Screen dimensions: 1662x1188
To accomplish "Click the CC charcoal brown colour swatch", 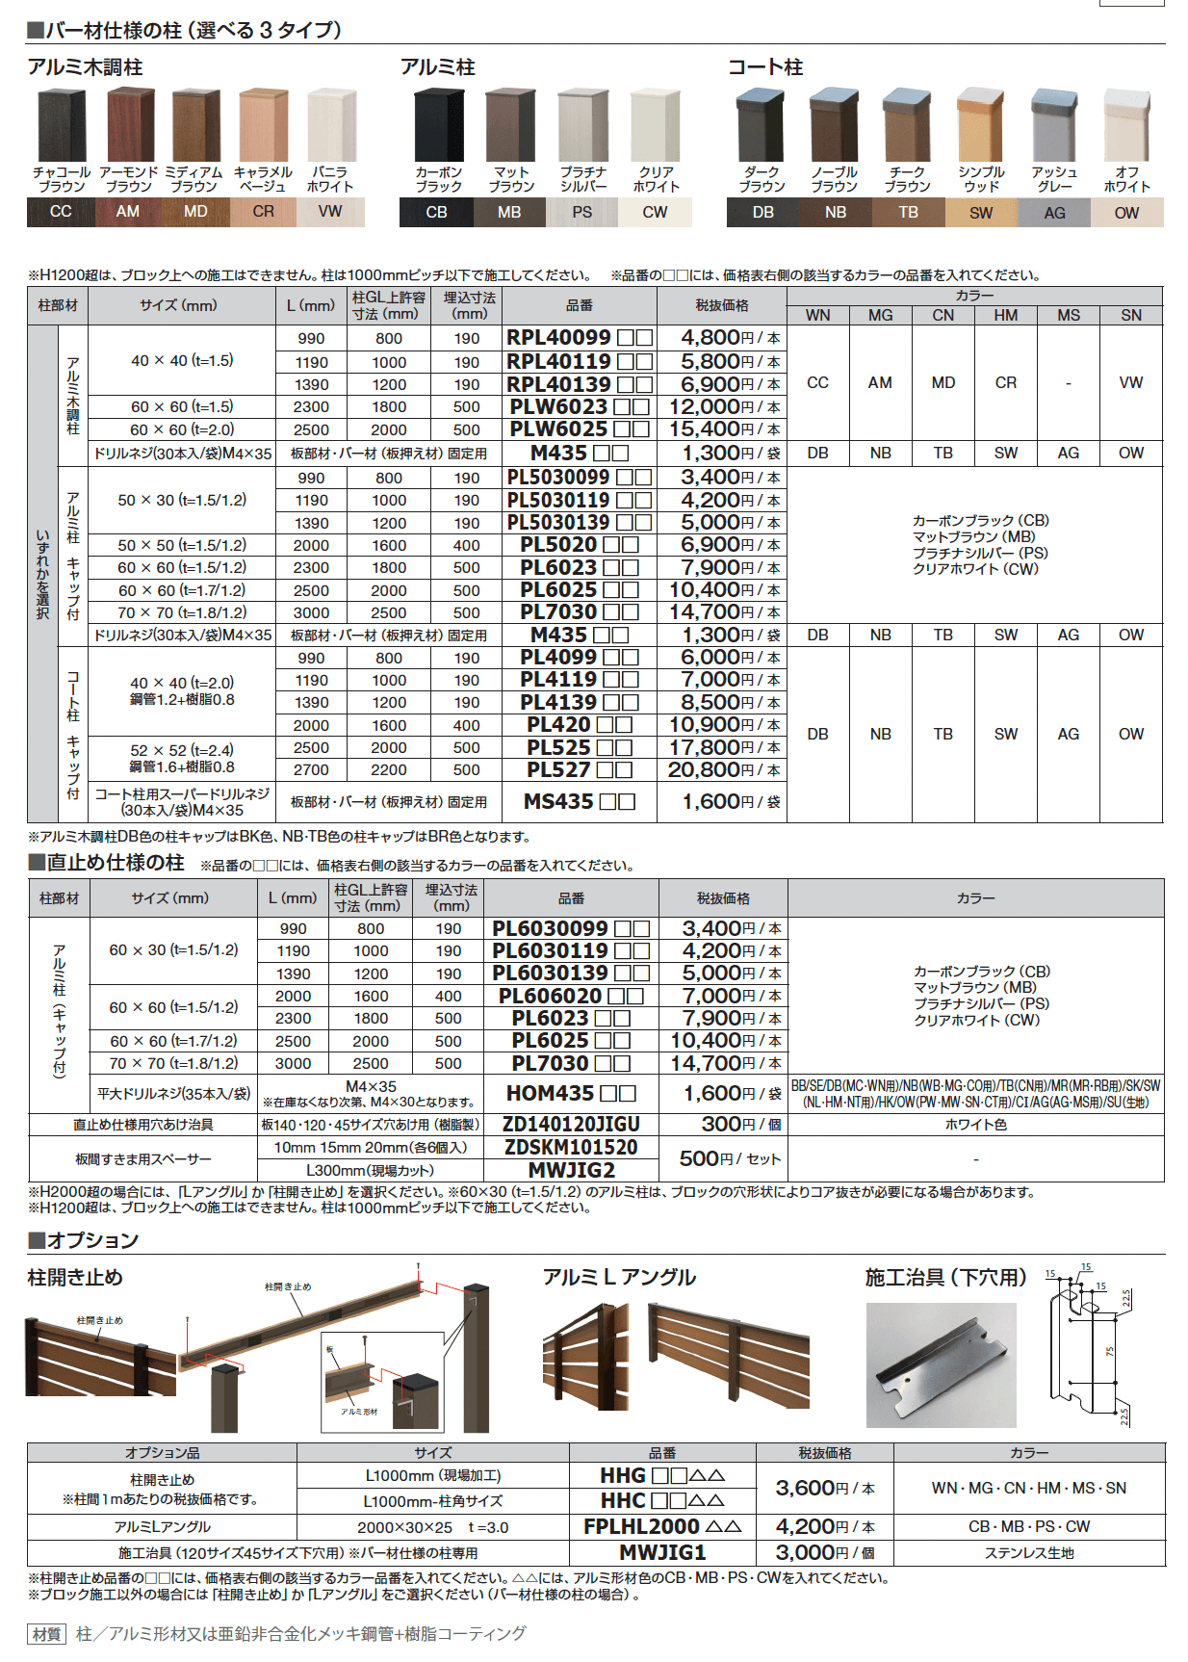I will [x=61, y=211].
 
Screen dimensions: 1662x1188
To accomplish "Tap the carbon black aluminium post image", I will [x=438, y=126].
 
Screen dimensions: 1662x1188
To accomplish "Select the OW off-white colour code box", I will [x=1126, y=212].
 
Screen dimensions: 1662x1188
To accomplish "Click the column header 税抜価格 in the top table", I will [x=721, y=305].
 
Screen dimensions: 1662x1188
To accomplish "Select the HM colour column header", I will [x=1005, y=315].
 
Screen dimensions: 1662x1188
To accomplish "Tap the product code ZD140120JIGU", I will [x=570, y=1124].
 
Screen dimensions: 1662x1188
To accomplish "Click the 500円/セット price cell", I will [x=729, y=1158].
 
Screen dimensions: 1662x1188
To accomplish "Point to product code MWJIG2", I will [x=570, y=1170].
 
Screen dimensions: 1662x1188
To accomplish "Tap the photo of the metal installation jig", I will [x=941, y=1364].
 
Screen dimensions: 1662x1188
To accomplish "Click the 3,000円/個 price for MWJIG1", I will [x=824, y=1552].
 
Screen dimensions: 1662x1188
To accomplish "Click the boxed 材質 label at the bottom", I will [x=46, y=1633].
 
